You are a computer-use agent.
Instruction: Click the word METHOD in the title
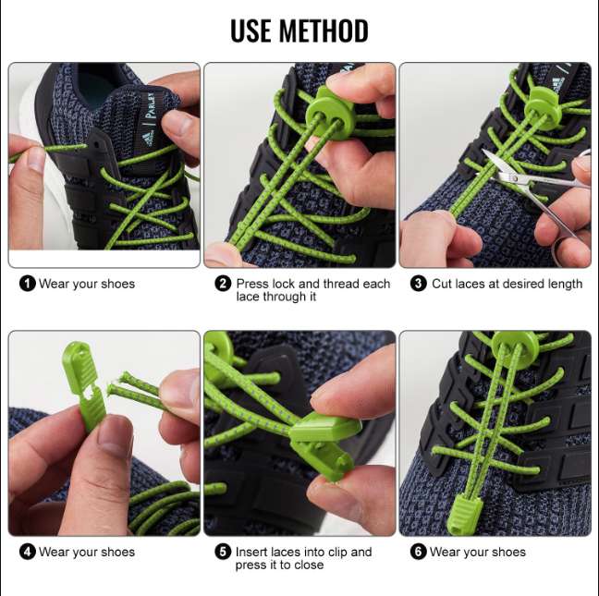(x=324, y=30)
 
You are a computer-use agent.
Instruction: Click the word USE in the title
(x=251, y=30)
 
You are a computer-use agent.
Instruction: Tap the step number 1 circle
(x=28, y=284)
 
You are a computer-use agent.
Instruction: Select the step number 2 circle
(x=223, y=284)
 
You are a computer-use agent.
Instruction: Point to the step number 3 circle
(x=419, y=284)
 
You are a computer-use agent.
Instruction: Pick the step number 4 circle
(x=28, y=552)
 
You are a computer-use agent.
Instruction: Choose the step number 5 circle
(x=223, y=552)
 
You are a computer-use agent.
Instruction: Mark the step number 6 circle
(x=419, y=552)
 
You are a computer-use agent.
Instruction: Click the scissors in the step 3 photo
(x=535, y=183)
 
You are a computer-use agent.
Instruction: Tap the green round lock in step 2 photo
(x=327, y=110)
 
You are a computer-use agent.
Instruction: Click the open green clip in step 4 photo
(x=85, y=385)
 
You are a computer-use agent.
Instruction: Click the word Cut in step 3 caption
(x=442, y=284)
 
